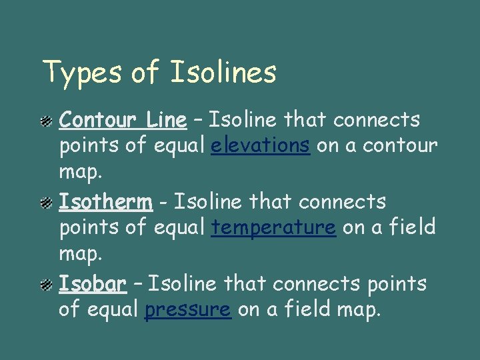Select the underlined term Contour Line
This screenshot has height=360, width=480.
click(x=123, y=120)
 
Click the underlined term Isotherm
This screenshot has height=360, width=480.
click(x=105, y=201)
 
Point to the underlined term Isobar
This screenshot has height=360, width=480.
click(x=93, y=284)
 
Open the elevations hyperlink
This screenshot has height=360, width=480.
click(x=261, y=146)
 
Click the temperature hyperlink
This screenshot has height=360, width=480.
click(x=273, y=228)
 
